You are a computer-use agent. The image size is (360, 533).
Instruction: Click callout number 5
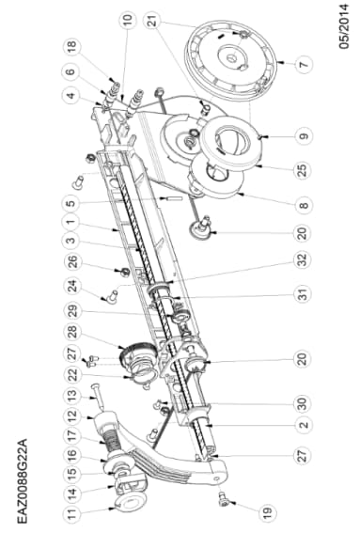click(x=72, y=201)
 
